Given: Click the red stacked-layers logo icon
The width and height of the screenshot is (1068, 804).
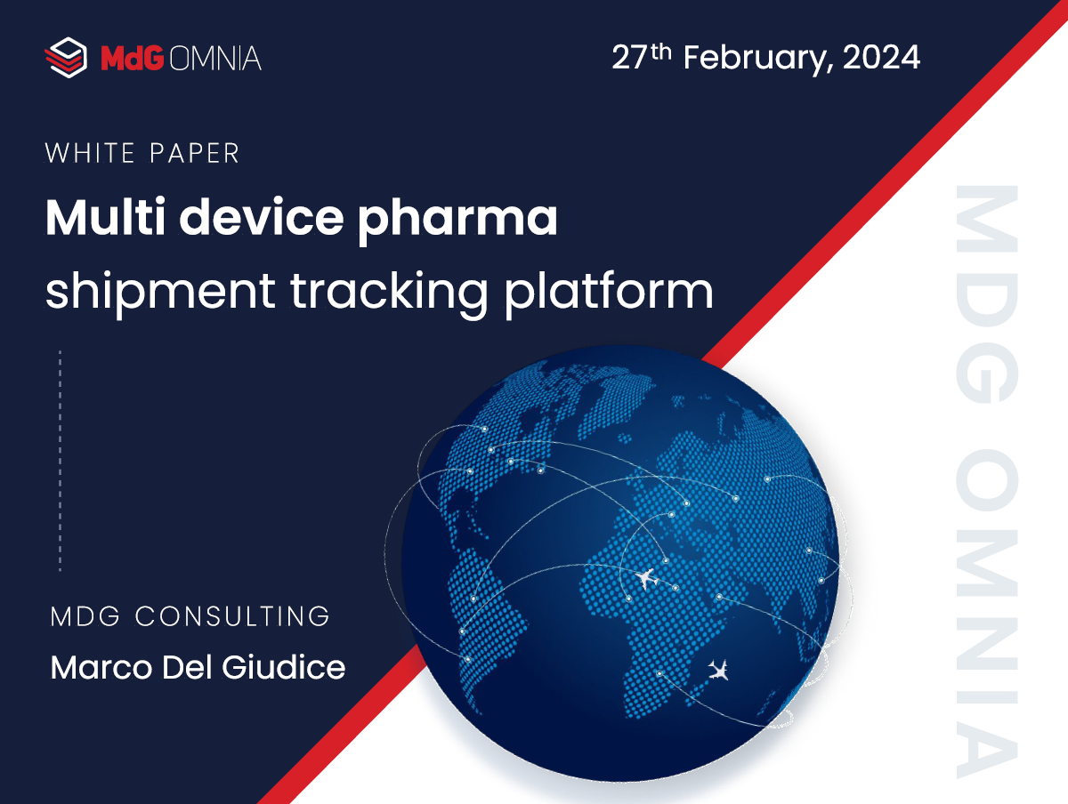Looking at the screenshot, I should [65, 58].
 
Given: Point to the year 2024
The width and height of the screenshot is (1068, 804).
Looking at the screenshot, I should [880, 58].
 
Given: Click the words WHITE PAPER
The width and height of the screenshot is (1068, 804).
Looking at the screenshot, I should [142, 153].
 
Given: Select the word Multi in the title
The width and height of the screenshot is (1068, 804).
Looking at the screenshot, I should [95, 217].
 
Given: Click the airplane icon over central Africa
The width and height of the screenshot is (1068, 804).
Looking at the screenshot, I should [646, 579].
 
